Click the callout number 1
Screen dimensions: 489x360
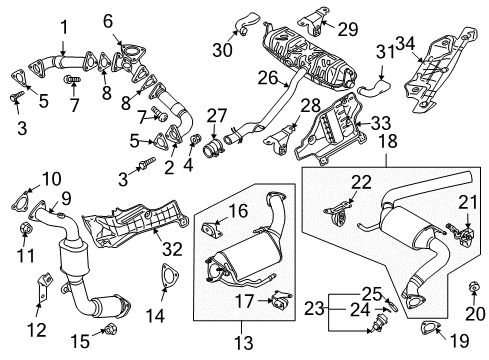(63, 27)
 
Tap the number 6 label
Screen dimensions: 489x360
(108, 21)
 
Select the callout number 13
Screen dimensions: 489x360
(244, 343)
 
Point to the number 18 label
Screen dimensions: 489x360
(388, 141)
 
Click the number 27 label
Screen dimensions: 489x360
(217, 116)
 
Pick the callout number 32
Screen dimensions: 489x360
(172, 249)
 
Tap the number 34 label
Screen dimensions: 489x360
(405, 44)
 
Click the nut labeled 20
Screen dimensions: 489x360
(473, 287)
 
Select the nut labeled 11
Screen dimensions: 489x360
(26, 228)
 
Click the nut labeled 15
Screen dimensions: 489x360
(109, 330)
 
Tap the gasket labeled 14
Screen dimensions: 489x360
(170, 275)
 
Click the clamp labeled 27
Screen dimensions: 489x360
(212, 150)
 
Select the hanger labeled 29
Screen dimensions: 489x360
(313, 20)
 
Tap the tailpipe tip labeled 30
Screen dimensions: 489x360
(246, 22)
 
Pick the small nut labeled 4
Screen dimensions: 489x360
(194, 139)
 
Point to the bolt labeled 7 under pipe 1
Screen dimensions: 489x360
(72, 79)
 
